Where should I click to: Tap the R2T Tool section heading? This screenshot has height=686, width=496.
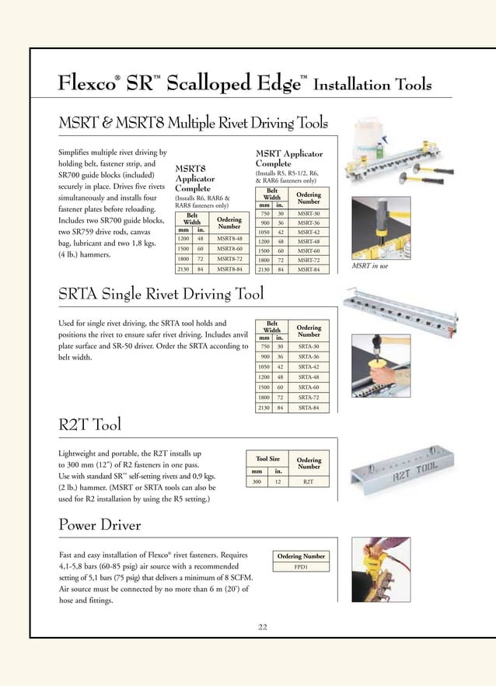pyautogui.click(x=89, y=425)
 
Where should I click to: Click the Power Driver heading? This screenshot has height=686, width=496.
pyautogui.click(x=100, y=525)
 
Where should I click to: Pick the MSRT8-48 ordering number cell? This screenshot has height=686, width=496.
pyautogui.click(x=230, y=238)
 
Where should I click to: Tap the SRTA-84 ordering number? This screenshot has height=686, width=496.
pyautogui.click(x=308, y=407)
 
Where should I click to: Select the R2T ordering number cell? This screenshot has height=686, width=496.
pyautogui.click(x=309, y=482)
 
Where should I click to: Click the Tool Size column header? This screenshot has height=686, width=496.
pyautogui.click(x=263, y=459)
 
